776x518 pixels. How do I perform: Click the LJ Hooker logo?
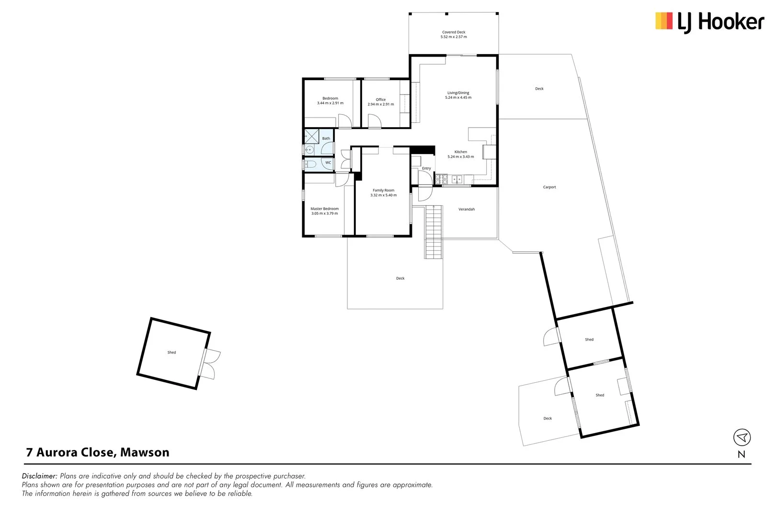coord(709,22)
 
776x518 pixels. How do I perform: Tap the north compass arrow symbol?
coord(742,437)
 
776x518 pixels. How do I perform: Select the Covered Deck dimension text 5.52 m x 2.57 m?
coord(454,37)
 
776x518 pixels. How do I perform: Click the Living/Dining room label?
coord(458,93)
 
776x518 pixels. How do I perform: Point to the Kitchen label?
coord(461,152)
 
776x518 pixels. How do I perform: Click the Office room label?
coord(381,99)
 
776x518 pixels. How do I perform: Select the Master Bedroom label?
coord(324,209)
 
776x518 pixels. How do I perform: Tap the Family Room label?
coord(383,190)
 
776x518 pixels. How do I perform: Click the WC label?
coord(328,163)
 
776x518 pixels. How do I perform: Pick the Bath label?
coord(326,138)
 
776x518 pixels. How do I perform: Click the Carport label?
coord(549,187)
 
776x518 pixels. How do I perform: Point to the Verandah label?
coord(467,209)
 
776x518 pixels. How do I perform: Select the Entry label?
coord(426,168)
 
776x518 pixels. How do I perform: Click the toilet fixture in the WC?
coord(310,165)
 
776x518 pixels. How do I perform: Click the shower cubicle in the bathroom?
coord(311,136)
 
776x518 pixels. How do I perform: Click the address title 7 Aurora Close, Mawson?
coord(98,452)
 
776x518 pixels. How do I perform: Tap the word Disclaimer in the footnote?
coord(40,476)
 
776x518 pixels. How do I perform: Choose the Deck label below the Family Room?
coord(400,278)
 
